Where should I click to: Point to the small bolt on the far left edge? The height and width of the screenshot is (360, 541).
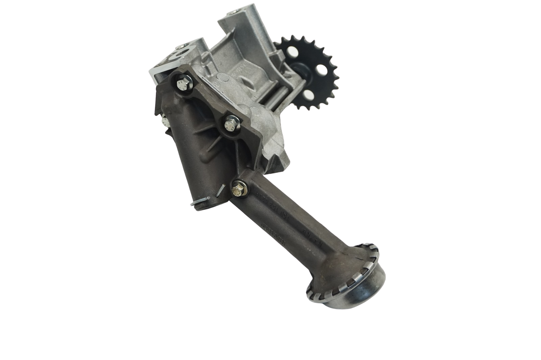click(164, 120)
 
